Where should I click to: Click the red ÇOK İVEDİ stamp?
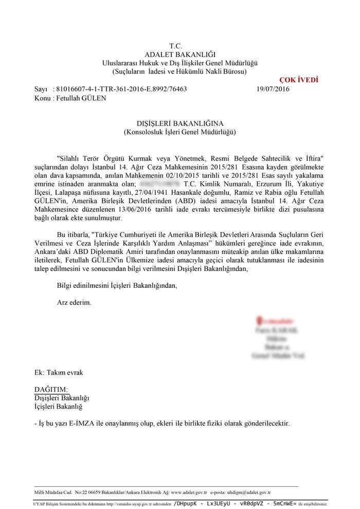click(299, 80)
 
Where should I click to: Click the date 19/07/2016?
click(273, 89)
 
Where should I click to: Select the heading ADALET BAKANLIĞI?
click(179, 54)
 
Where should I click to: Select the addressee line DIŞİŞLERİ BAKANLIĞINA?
click(179, 123)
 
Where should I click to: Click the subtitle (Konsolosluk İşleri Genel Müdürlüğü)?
click(179, 132)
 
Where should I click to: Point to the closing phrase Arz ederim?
click(74, 302)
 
